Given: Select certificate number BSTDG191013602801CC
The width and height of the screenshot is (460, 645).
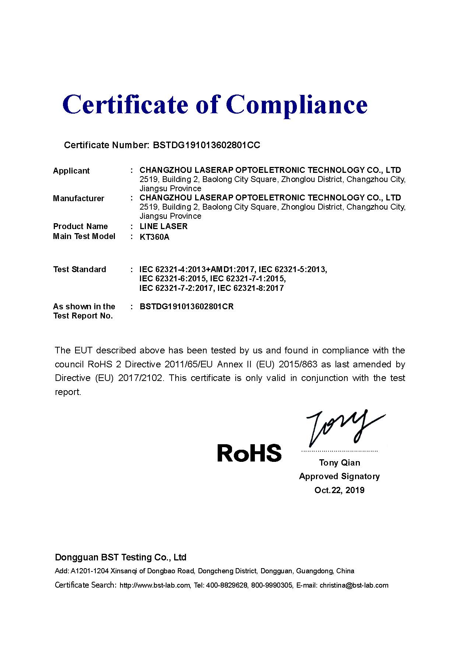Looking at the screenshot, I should [206, 145].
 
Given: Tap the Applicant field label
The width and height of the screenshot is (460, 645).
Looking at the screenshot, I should [71, 171].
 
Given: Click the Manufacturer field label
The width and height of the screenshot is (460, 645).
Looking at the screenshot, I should [78, 199].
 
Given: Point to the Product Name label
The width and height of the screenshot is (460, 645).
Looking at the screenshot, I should [80, 227].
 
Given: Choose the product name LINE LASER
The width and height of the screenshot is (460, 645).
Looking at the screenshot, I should [164, 227].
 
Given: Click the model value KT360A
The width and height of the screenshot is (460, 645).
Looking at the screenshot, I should [154, 237].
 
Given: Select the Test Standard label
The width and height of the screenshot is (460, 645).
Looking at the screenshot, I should [80, 270].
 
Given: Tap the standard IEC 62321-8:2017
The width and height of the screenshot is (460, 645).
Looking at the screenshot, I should [250, 288].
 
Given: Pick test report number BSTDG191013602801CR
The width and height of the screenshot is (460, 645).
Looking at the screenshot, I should [186, 307].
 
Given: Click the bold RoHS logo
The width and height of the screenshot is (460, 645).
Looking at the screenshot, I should [249, 453].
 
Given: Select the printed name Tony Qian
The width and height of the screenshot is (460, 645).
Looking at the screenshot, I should [340, 463].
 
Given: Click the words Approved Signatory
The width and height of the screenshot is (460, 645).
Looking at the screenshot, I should [339, 477].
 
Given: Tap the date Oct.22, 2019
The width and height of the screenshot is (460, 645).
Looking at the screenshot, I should [339, 490].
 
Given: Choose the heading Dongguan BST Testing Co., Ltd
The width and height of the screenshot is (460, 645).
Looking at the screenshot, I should [120, 557].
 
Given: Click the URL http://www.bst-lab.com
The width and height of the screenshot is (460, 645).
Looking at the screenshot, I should [155, 585].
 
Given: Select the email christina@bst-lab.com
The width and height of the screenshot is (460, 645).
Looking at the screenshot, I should [354, 585].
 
